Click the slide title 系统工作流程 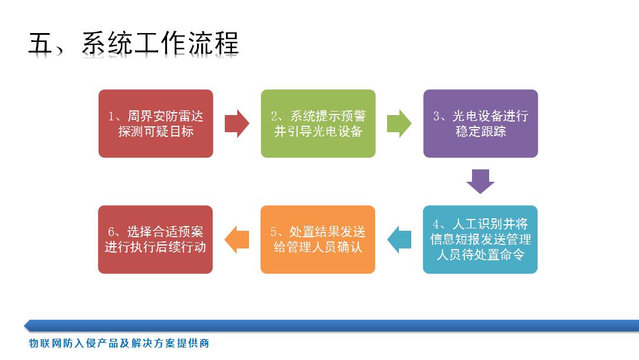click(160, 43)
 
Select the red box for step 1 click(156, 123)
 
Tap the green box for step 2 click(318, 123)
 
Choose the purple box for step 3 click(480, 123)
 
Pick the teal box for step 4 click(480, 240)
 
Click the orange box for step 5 click(318, 240)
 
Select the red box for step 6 click(155, 240)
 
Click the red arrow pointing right click(237, 123)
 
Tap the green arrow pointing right click(399, 123)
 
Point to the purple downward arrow click(480, 181)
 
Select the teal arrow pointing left click(399, 240)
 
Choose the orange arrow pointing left click(237, 240)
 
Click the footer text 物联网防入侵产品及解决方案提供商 click(119, 343)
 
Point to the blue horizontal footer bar click(332, 325)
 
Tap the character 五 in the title click(40, 43)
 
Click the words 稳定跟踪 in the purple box click(481, 131)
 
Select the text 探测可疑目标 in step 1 click(156, 131)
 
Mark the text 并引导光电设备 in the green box click(318, 131)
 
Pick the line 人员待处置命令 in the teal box click(480, 255)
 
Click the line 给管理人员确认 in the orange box click(318, 247)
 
